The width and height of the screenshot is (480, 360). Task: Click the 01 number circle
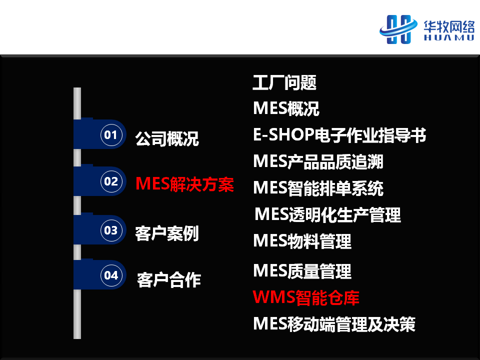pyautogui.click(x=111, y=134)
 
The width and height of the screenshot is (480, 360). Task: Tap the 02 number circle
pyautogui.click(x=111, y=181)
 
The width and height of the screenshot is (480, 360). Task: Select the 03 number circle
pyautogui.click(x=111, y=230)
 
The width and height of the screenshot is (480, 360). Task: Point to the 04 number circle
pyautogui.click(x=111, y=275)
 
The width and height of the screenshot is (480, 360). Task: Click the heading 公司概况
pyautogui.click(x=167, y=138)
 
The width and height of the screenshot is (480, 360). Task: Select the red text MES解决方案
pyautogui.click(x=184, y=184)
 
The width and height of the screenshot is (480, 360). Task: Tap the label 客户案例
pyautogui.click(x=167, y=233)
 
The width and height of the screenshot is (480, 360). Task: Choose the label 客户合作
pyautogui.click(x=169, y=280)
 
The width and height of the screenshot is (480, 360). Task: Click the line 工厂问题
pyautogui.click(x=284, y=82)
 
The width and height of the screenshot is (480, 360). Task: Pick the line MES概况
pyautogui.click(x=286, y=108)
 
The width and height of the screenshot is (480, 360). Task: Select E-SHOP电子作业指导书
pyautogui.click(x=339, y=135)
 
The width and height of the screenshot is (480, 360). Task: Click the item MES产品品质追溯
pyautogui.click(x=318, y=161)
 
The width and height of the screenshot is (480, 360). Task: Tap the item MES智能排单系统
pyautogui.click(x=318, y=188)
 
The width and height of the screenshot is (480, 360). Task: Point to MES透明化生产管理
pyautogui.click(x=328, y=214)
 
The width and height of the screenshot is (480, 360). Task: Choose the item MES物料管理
pyautogui.click(x=302, y=241)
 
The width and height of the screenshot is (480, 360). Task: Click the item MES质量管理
pyautogui.click(x=302, y=271)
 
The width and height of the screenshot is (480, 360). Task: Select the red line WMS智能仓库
pyautogui.click(x=306, y=297)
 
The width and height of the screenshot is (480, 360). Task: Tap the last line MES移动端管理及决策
pyautogui.click(x=334, y=324)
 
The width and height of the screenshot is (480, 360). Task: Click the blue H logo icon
pyautogui.click(x=398, y=29)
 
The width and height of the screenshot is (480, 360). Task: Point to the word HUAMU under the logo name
pyautogui.click(x=449, y=37)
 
